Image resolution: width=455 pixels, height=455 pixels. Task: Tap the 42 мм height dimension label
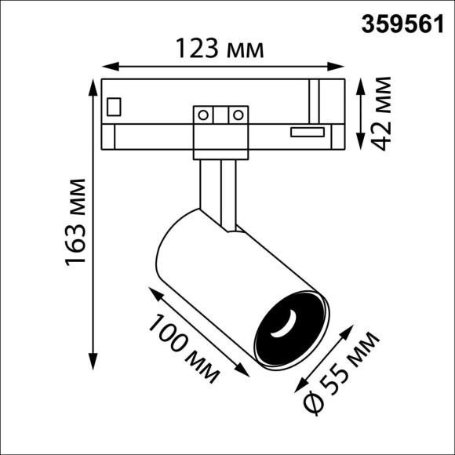pyautogui.click(x=382, y=112)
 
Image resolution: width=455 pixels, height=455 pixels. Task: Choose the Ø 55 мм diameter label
pyautogui.click(x=343, y=372)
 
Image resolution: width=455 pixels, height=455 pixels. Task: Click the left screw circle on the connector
pyautogui.click(x=203, y=115)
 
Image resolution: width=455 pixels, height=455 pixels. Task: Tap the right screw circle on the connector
pyautogui.click(x=235, y=115)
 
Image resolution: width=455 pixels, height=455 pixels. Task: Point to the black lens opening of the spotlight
pyautogui.click(x=288, y=328)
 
